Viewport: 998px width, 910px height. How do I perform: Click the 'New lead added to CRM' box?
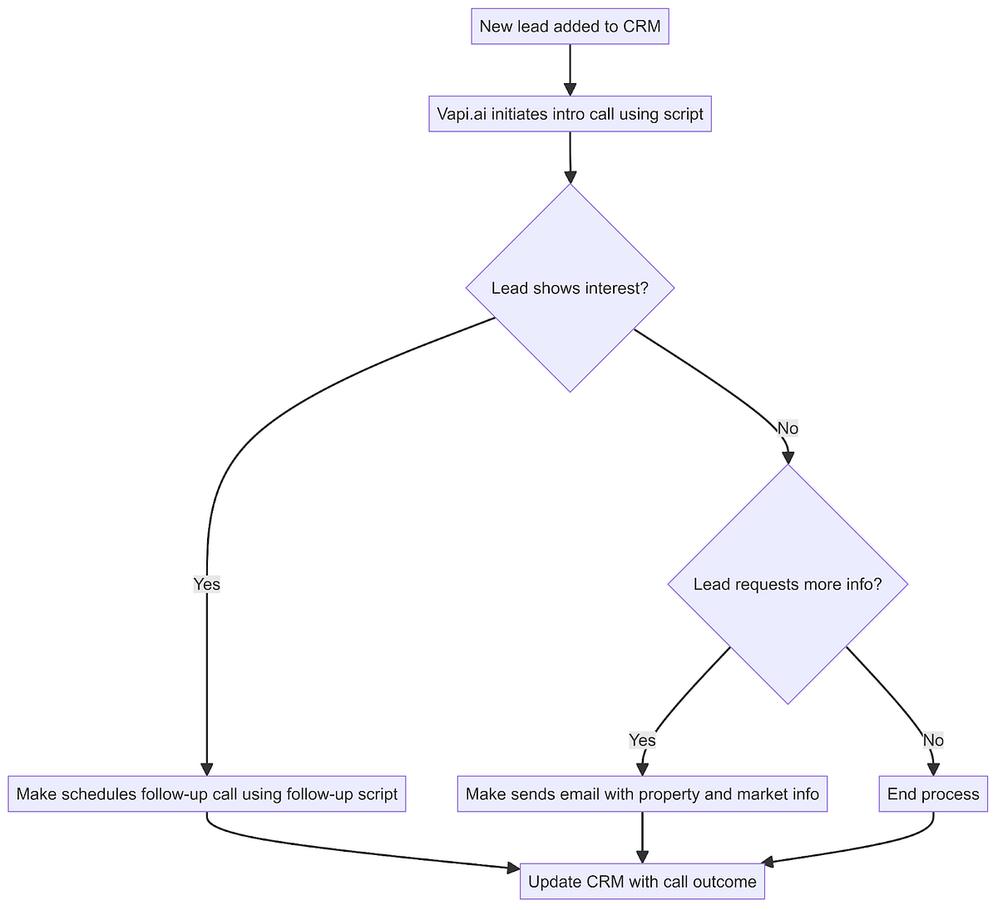pyautogui.click(x=570, y=27)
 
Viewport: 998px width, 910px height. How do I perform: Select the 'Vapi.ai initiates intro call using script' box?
pyautogui.click(x=570, y=114)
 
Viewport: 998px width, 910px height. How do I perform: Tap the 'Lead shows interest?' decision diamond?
pyautogui.click(x=570, y=288)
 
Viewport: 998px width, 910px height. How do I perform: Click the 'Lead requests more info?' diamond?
pyautogui.click(x=788, y=584)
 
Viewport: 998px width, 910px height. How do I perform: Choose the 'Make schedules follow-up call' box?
pyautogui.click(x=206, y=794)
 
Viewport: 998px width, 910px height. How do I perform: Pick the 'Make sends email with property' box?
pyautogui.click(x=642, y=794)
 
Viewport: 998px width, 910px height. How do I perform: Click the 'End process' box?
pyautogui.click(x=933, y=794)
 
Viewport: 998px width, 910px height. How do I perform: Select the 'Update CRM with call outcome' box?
pyautogui.click(x=642, y=882)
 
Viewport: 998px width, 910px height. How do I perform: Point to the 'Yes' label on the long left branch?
pyautogui.click(x=206, y=584)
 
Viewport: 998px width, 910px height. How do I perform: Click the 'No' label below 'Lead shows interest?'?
pyautogui.click(x=788, y=428)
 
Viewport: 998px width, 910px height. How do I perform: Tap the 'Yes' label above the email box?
pyautogui.click(x=642, y=740)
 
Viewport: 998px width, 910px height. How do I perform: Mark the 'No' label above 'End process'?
pyautogui.click(x=933, y=740)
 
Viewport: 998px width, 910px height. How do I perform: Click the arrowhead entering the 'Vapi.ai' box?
pyautogui.click(x=570, y=89)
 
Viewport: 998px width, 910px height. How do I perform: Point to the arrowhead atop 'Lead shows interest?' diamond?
pyautogui.click(x=570, y=176)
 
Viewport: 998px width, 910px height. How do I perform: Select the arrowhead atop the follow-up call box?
pyautogui.click(x=206, y=769)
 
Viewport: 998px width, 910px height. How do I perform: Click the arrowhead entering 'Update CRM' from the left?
pyautogui.click(x=513, y=869)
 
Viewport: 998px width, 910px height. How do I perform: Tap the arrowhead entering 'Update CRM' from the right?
pyautogui.click(x=769, y=862)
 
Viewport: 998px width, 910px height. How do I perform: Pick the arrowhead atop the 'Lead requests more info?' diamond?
pyautogui.click(x=788, y=457)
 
